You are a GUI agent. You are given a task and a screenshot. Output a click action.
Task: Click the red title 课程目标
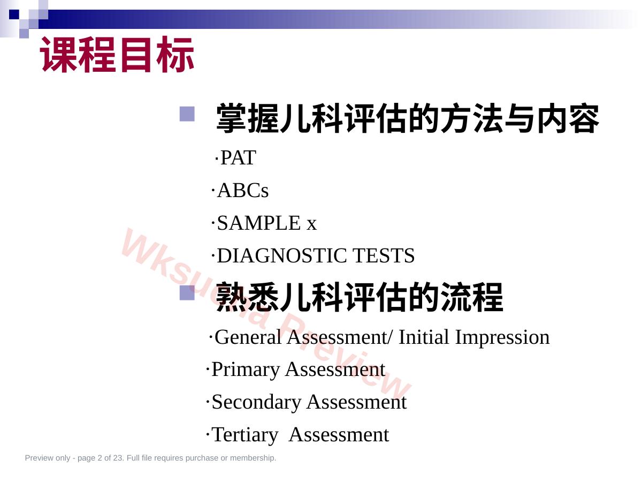tap(117, 55)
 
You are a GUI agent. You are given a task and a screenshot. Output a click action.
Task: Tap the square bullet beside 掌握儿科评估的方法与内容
tap(187, 114)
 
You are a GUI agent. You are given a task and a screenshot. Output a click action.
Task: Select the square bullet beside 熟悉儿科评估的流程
tap(187, 292)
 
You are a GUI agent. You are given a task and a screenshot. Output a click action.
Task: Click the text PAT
tap(238, 158)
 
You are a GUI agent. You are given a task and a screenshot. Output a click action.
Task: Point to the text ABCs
tap(242, 191)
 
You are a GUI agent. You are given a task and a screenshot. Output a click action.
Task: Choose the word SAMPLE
tap(259, 223)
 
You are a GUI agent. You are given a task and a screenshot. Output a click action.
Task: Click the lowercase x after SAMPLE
tap(312, 225)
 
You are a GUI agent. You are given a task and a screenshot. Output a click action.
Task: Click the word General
tap(248, 337)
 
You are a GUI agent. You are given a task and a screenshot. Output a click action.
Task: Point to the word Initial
tap(424, 337)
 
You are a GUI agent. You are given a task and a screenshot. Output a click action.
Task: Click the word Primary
tap(246, 370)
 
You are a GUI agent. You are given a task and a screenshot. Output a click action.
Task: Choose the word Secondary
tap(256, 403)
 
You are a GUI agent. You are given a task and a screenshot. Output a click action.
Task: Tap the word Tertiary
tap(244, 435)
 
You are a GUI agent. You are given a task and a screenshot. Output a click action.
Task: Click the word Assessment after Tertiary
tap(339, 434)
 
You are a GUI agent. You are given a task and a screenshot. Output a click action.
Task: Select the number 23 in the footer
tap(118, 458)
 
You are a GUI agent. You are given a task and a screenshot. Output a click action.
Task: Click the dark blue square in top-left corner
tap(14, 14)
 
